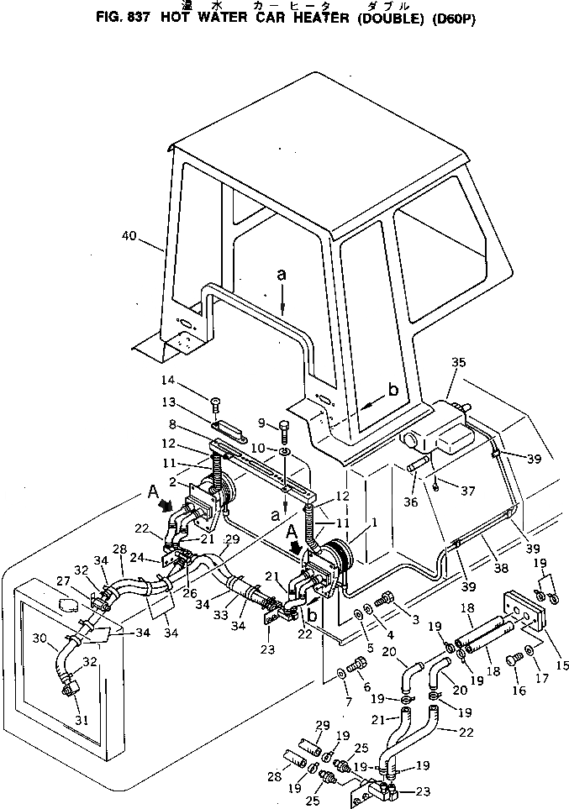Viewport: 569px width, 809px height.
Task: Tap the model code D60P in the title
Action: click(454, 20)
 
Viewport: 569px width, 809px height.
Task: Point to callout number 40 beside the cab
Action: click(129, 237)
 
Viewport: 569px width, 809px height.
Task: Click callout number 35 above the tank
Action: click(458, 363)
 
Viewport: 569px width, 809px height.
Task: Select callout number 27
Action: click(63, 580)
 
